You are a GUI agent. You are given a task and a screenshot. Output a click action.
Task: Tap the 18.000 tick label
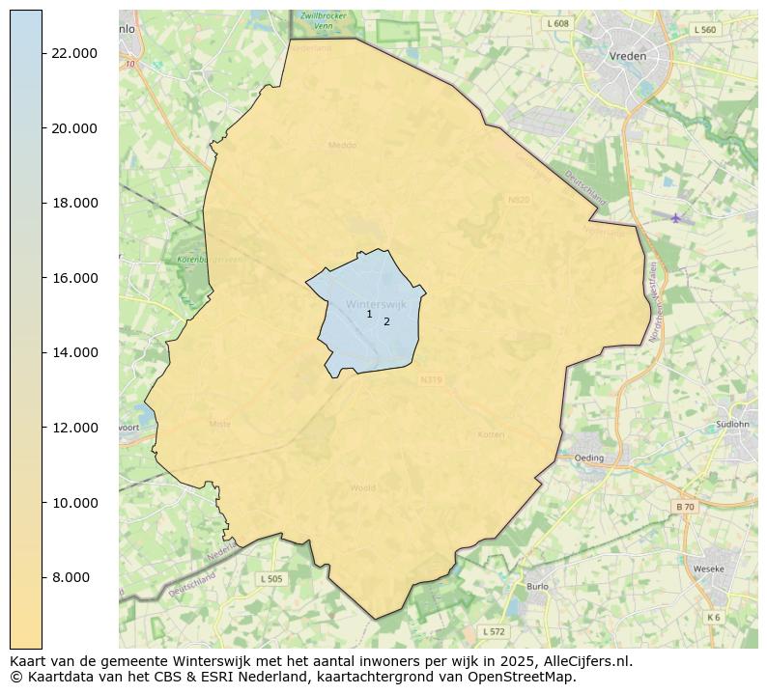click(74, 204)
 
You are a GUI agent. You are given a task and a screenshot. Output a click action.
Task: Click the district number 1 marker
click(369, 315)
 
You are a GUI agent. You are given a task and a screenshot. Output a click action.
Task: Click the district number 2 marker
click(386, 322)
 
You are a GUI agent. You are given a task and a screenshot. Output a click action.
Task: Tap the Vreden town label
click(628, 56)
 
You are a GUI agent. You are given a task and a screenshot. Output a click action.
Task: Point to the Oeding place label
click(588, 458)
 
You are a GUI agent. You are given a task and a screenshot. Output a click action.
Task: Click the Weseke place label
click(708, 569)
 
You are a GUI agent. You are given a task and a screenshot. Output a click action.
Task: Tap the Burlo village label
click(537, 586)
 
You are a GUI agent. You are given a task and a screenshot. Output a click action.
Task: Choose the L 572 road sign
click(493, 632)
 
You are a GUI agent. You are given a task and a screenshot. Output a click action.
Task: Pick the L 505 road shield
click(271, 579)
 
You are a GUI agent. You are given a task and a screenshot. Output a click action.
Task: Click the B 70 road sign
click(684, 507)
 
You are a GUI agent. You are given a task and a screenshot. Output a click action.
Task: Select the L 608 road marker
click(557, 23)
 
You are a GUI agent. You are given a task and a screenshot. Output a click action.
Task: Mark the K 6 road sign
click(713, 618)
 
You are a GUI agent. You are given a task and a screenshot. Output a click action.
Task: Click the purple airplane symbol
click(675, 217)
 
